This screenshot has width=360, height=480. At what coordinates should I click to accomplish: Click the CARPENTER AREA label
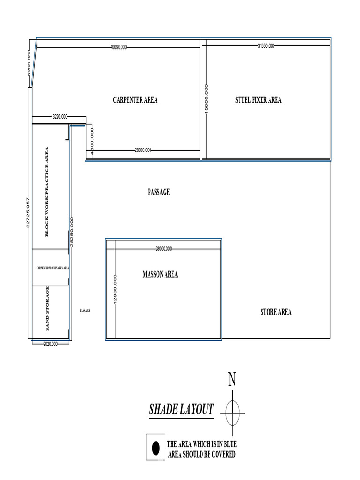point(135,100)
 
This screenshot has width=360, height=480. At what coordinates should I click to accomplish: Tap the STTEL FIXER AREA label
point(258,100)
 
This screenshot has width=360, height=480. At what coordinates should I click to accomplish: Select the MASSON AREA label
point(160,275)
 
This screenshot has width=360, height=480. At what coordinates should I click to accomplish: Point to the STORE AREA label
point(276,312)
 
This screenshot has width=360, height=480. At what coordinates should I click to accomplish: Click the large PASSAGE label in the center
point(158,192)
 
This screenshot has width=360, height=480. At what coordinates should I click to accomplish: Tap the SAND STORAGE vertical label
point(47,309)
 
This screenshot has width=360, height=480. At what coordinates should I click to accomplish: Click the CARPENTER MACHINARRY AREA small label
point(53,268)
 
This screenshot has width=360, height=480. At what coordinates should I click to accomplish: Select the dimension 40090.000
point(119,47)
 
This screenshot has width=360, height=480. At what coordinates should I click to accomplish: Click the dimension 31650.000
point(266,46)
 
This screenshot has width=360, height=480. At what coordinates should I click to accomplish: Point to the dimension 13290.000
point(59,116)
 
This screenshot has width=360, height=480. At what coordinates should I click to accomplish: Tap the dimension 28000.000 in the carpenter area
point(143,150)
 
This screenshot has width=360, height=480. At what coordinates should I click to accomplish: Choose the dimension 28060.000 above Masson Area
point(163,249)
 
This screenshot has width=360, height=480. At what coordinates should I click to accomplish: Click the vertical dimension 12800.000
point(115,289)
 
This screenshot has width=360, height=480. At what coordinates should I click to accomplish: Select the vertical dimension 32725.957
point(28,213)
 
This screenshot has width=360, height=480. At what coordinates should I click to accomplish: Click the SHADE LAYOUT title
point(181,409)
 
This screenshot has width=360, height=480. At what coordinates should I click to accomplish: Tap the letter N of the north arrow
point(232,380)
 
